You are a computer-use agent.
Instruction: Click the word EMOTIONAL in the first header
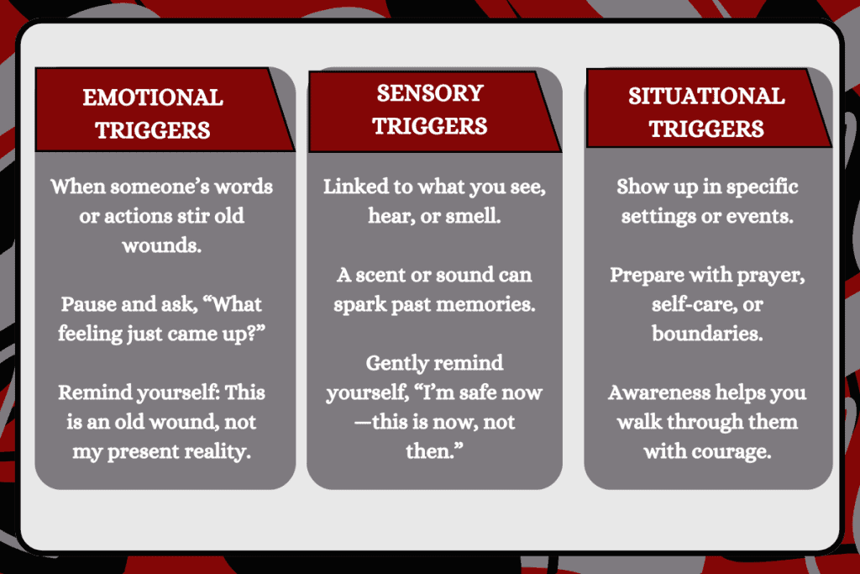[x=153, y=97]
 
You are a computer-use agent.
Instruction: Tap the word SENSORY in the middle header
[x=430, y=92]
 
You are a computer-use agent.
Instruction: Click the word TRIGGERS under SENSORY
[x=430, y=126]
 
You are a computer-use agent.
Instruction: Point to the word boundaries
[x=706, y=333]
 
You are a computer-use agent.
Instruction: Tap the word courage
[x=734, y=452]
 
